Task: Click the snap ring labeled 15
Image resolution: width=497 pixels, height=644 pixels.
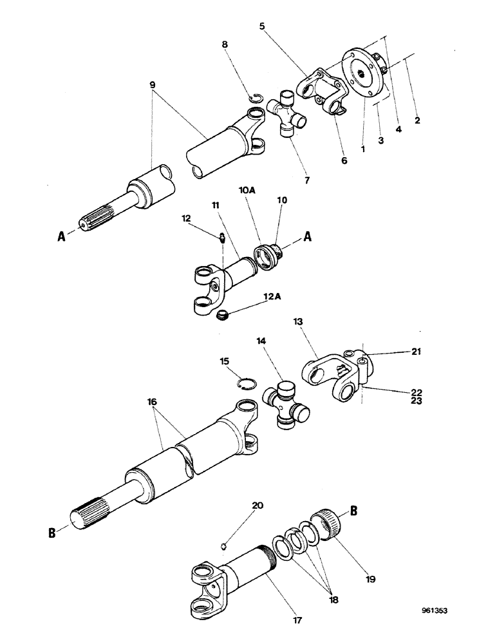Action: (x=245, y=384)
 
